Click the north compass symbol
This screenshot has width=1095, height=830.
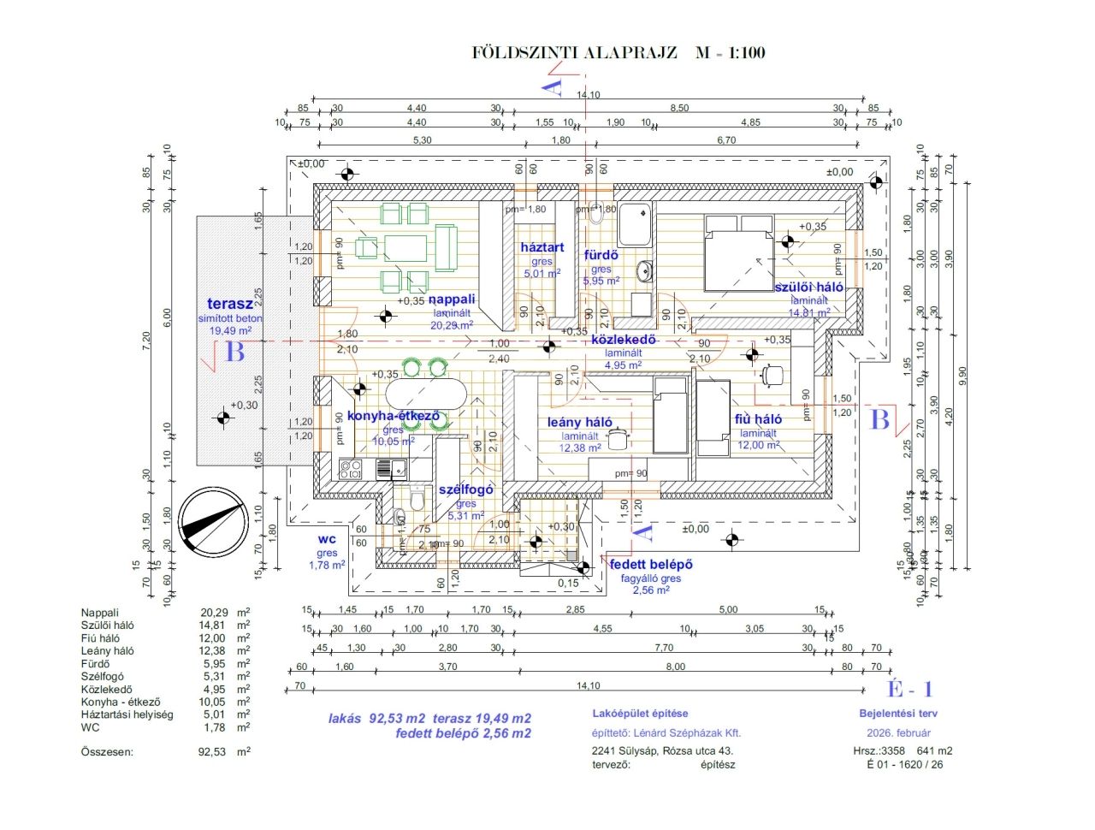point(210,519)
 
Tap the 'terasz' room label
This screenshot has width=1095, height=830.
point(230,304)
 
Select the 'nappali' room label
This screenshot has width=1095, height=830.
point(452,299)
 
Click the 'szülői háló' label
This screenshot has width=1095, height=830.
point(808,288)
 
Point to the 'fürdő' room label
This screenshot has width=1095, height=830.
point(601,255)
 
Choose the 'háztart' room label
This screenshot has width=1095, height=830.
point(542,247)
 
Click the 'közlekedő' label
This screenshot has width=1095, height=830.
point(624,340)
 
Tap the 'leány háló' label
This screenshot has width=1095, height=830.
point(580,422)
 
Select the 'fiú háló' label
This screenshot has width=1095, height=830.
point(758,419)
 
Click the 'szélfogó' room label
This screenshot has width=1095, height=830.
point(466,489)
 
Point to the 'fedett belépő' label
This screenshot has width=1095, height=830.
point(651,565)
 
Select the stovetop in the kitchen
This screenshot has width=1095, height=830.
point(351,469)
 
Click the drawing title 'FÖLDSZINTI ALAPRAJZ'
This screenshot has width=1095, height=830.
point(574,53)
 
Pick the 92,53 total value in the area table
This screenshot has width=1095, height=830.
point(212,752)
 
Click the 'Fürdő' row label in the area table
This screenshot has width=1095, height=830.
point(95,663)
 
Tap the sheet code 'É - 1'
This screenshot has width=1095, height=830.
point(909,690)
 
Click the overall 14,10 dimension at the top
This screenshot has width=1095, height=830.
point(589,95)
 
